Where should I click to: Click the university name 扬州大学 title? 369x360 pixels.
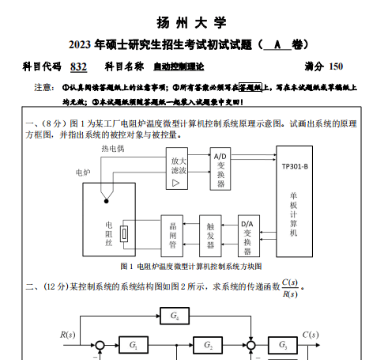pyautogui.click(x=191, y=22)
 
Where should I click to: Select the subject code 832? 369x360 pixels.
pyautogui.click(x=78, y=66)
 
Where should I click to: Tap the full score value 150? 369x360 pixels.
pyautogui.click(x=336, y=66)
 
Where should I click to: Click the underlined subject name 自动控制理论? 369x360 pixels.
pyautogui.click(x=179, y=66)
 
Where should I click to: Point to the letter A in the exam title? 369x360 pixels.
pyautogui.click(x=277, y=45)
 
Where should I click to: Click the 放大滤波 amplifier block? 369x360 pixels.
pyautogui.click(x=177, y=169)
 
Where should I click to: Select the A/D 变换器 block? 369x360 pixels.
pyautogui.click(x=220, y=169)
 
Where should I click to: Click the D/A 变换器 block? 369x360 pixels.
pyautogui.click(x=249, y=236)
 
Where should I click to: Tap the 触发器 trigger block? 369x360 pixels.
pyautogui.click(x=210, y=236)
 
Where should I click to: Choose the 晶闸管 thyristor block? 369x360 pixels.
pyautogui.click(x=172, y=236)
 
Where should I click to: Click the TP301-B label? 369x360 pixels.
pyautogui.click(x=295, y=167)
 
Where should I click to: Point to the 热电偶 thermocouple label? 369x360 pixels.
pyautogui.click(x=113, y=149)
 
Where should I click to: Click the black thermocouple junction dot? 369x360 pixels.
pyautogui.click(x=107, y=201)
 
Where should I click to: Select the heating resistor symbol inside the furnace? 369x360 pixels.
pyautogui.click(x=124, y=233)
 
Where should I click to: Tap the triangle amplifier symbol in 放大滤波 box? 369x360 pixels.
pyautogui.click(x=175, y=183)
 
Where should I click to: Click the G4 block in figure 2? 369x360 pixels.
pyautogui.click(x=175, y=316)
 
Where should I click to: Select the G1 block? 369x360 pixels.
pyautogui.click(x=134, y=345)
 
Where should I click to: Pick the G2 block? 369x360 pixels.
pyautogui.click(x=208, y=345)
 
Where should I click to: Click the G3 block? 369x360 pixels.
pyautogui.click(x=283, y=345)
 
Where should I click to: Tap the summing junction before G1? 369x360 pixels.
pyautogui.click(x=100, y=345)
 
